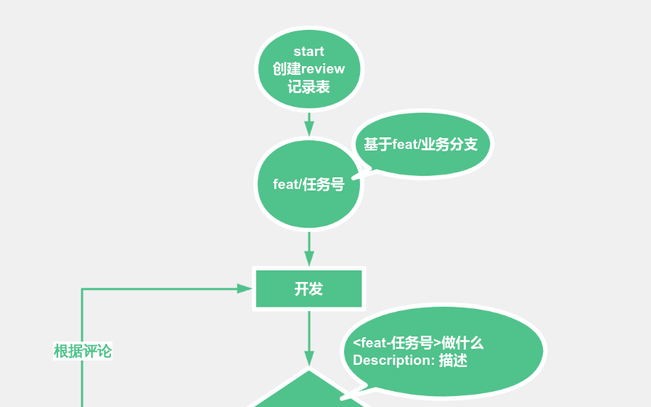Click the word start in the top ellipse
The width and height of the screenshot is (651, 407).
[x=308, y=52]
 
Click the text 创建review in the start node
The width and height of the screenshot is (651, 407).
[x=308, y=69]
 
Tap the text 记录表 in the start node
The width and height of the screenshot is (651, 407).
[x=308, y=87]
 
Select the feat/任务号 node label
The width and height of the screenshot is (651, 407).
[x=308, y=185]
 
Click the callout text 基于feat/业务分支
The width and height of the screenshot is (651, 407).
[x=420, y=145]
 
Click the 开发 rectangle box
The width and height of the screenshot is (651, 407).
[x=308, y=289]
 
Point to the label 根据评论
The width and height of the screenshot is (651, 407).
[x=83, y=351]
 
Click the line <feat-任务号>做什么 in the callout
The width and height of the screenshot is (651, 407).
[x=418, y=343]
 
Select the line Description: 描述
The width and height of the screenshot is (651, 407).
[x=410, y=360]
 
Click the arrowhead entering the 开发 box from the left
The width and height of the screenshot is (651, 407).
[x=245, y=289]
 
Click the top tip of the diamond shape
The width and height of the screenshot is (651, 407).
[x=309, y=371]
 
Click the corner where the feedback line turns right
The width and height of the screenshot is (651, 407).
[x=82, y=289]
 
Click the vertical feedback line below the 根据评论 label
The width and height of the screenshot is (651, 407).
[x=82, y=385]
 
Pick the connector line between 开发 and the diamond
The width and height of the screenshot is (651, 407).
[x=309, y=331]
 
